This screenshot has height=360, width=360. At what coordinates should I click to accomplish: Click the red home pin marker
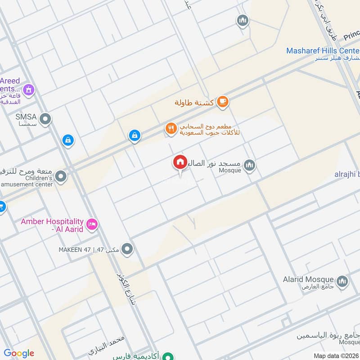pyautogui.click(x=180, y=162)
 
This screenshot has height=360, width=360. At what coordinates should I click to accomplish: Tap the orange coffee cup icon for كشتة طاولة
pyautogui.click(x=222, y=102)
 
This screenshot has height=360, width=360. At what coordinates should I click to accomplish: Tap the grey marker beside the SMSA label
pyautogui.click(x=45, y=119)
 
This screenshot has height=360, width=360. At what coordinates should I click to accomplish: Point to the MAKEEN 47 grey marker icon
pyautogui.click(x=127, y=249)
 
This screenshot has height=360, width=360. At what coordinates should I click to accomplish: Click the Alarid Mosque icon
pyautogui.click(x=342, y=280)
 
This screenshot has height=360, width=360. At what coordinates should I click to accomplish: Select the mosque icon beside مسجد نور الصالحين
pyautogui.click(x=250, y=166)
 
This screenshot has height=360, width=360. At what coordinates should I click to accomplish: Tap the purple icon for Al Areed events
pyautogui.click(x=29, y=90)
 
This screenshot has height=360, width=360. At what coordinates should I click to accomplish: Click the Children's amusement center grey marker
pyautogui.click(x=61, y=176)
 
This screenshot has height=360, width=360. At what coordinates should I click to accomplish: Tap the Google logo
pyautogui.click(x=19, y=353)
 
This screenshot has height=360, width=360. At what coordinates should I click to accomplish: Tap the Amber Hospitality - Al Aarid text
pyautogui.click(x=52, y=225)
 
